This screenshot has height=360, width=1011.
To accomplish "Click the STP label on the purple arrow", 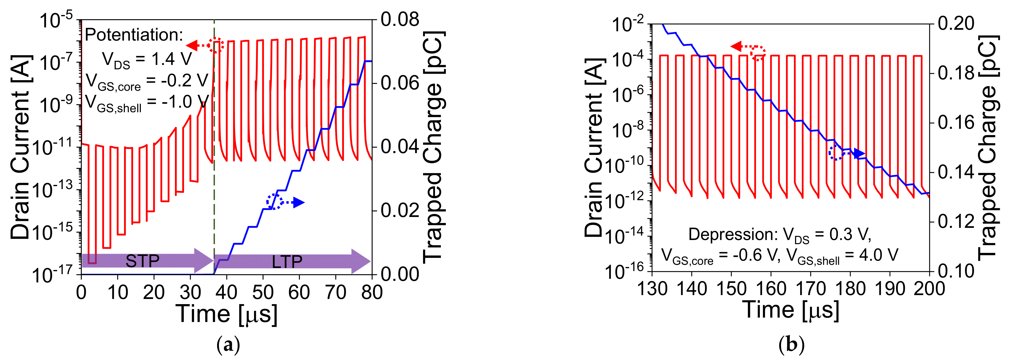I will coord(142,261).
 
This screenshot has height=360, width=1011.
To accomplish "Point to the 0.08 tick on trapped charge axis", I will coord(400,20).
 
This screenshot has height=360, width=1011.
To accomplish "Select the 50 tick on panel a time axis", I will coord(263,292).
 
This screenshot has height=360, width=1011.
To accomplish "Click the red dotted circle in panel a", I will coord(216,46).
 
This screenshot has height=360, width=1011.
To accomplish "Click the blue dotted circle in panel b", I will coord(836,153).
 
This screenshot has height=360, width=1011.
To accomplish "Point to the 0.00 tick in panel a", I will coord(400,274).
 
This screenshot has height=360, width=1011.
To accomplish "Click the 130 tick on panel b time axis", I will coord(652,289).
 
